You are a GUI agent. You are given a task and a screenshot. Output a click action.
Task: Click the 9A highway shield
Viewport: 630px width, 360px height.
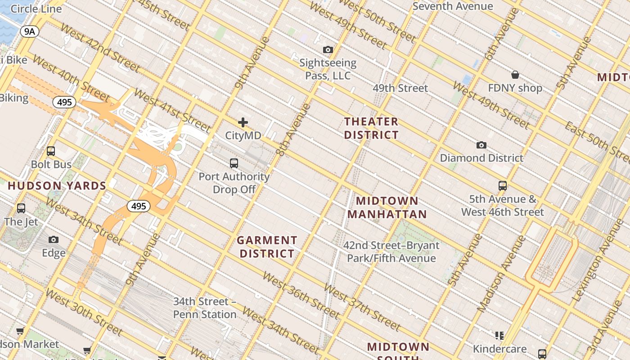pyautogui.click(x=30, y=31)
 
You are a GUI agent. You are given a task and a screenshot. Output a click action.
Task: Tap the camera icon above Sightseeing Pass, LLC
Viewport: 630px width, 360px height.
pyautogui.click(x=328, y=49)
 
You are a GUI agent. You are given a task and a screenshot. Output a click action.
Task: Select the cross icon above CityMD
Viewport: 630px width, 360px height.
pyautogui.click(x=243, y=122)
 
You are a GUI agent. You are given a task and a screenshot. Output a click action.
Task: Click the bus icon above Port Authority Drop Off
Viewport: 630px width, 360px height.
pyautogui.click(x=234, y=163)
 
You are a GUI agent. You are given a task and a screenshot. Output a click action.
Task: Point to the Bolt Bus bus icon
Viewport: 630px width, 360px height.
pyautogui.click(x=51, y=151)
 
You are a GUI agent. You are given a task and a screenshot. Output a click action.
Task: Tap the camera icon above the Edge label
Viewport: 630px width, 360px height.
pyautogui.click(x=54, y=239)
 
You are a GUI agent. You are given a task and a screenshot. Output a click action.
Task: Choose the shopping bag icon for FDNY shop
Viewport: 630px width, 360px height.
pyautogui.click(x=515, y=74)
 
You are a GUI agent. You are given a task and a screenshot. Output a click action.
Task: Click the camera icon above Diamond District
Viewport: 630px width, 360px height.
pyautogui.click(x=481, y=145)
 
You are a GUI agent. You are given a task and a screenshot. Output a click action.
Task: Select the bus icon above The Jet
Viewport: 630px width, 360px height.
pyautogui.click(x=21, y=208)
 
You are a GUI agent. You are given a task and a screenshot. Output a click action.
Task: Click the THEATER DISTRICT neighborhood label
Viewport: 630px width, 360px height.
pyautogui.click(x=371, y=128)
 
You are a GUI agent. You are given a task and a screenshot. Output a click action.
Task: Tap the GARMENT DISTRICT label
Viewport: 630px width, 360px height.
pyautogui.click(x=267, y=247)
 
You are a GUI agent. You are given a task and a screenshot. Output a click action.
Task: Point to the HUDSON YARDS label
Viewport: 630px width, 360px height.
pyautogui.click(x=57, y=185)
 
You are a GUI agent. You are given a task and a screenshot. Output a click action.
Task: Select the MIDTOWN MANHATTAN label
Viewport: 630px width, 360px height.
pyautogui.click(x=387, y=207)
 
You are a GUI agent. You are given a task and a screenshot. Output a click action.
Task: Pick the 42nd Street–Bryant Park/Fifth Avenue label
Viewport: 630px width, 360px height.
pyautogui.click(x=391, y=252)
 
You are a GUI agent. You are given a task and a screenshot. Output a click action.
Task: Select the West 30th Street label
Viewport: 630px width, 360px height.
pyautogui.click(x=84, y=312)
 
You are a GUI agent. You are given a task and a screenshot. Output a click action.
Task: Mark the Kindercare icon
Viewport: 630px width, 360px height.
pyautogui.click(x=499, y=335)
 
